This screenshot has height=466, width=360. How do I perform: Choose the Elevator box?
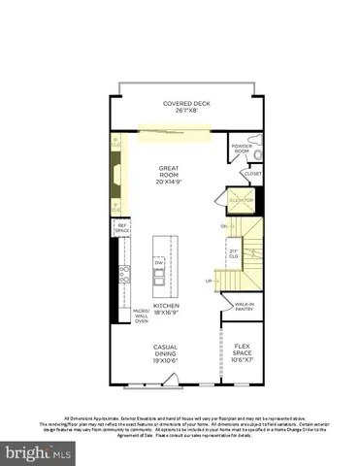pyautogui.click(x=242, y=201)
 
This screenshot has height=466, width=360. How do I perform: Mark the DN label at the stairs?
pyautogui.click(x=224, y=226)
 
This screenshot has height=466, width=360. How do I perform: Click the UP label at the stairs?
pyautogui.click(x=208, y=282)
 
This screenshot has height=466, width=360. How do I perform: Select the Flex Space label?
pyautogui.click(x=243, y=355)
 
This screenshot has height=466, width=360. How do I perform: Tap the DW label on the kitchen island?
pyautogui.click(x=160, y=263)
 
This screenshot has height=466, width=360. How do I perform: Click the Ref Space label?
pyautogui.click(x=123, y=229)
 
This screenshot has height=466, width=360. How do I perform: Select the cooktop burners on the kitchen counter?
pyautogui.click(x=122, y=275)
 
